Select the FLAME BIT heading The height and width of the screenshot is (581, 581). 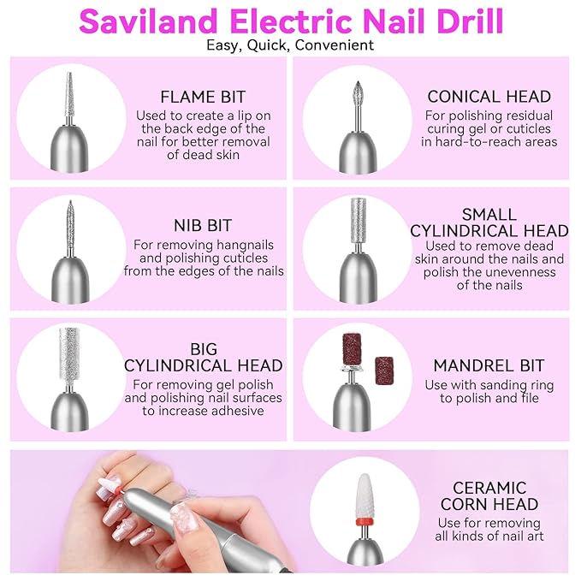tap(202, 97)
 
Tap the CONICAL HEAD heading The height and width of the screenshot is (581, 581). tap(489, 97)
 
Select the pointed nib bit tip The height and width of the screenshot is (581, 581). tap(68, 222)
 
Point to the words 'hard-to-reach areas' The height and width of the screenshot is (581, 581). tap(489, 142)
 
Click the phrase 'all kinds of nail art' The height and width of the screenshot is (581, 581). tap(489, 537)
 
